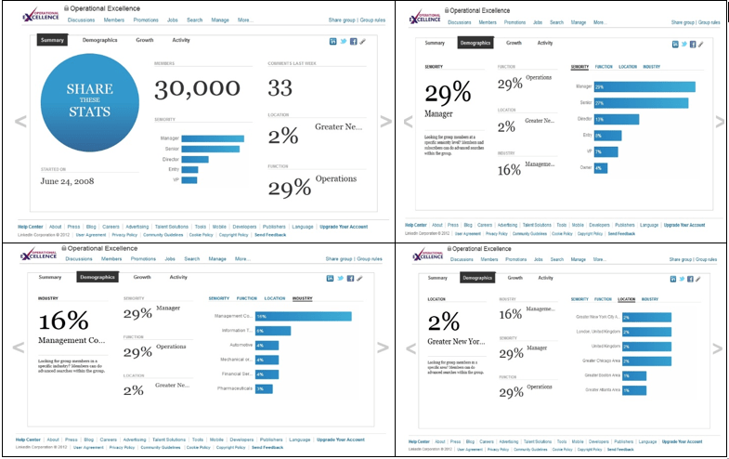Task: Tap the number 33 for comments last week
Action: tap(281, 88)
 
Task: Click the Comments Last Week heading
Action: tap(293, 65)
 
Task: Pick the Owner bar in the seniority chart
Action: tap(600, 168)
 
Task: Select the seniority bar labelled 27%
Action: tap(641, 103)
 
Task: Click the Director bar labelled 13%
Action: tap(613, 119)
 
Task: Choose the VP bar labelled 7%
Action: tap(605, 151)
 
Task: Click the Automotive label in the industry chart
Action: tap(240, 345)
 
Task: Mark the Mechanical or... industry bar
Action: tap(267, 360)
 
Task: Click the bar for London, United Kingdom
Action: tap(646, 332)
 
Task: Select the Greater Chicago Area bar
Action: tap(646, 360)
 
